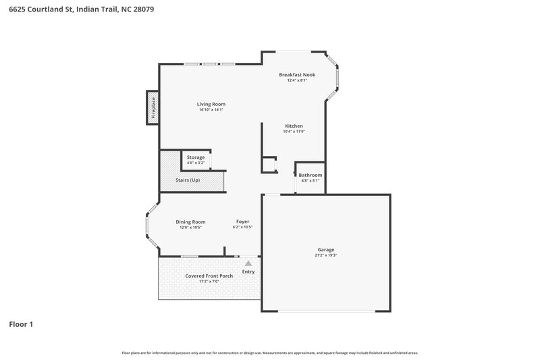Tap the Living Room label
point(211,104)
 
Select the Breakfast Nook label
point(297,74)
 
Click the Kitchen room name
point(294,126)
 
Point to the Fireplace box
point(153,108)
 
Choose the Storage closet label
point(196,157)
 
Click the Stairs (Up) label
point(188,180)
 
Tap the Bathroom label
point(310,175)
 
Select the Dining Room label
point(190,222)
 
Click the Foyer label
point(242,222)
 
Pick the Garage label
point(325,249)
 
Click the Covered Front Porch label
point(209,276)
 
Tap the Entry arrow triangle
point(248,263)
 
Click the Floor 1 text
point(21,324)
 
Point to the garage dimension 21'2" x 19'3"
point(325,255)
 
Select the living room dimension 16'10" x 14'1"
point(211,110)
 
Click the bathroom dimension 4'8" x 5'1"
point(310,181)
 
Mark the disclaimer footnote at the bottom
point(269,353)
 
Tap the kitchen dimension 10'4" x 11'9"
point(294,132)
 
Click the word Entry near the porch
point(248,272)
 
